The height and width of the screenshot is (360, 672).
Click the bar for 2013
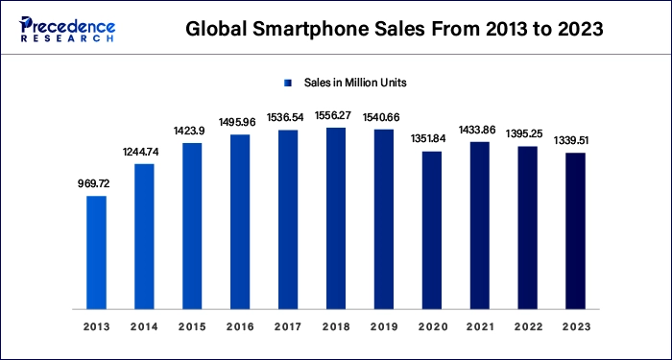tap(96, 252)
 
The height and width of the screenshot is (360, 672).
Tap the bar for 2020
tap(432, 230)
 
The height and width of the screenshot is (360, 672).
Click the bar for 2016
tap(240, 222)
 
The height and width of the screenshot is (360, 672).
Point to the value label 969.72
tap(96, 182)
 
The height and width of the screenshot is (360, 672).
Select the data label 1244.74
tap(144, 151)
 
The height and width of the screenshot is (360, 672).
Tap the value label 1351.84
tap(432, 138)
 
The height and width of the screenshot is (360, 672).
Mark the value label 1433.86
tap(480, 129)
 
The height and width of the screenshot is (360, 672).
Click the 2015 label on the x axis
tap(192, 327)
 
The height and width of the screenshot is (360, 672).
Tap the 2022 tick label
tap(528, 327)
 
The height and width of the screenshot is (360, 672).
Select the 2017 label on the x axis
tap(288, 327)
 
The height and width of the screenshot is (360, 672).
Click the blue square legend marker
tap(286, 83)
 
